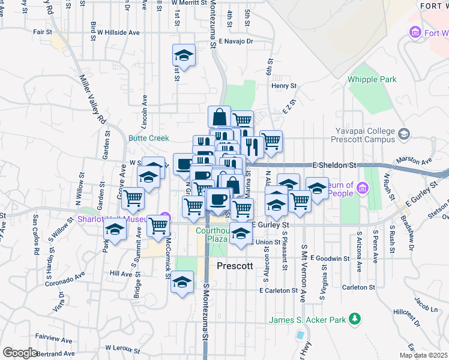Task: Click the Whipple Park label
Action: click(x=372, y=79)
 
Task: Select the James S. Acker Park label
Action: click(x=308, y=320)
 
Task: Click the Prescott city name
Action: click(x=236, y=265)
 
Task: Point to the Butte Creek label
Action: click(x=149, y=137)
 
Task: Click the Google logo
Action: click(x=20, y=352)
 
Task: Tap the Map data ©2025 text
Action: click(x=424, y=355)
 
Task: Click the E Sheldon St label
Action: click(x=334, y=164)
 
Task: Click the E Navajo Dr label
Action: click(x=236, y=41)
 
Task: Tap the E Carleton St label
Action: click(x=279, y=290)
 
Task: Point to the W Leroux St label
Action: click(x=126, y=347)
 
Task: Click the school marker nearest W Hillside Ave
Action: click(x=184, y=56)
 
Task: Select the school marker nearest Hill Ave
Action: click(x=181, y=282)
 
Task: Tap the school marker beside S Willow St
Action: click(x=115, y=229)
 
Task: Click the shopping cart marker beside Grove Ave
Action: click(x=133, y=198)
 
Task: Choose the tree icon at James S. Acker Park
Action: click(x=355, y=318)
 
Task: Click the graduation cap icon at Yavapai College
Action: click(x=403, y=134)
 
